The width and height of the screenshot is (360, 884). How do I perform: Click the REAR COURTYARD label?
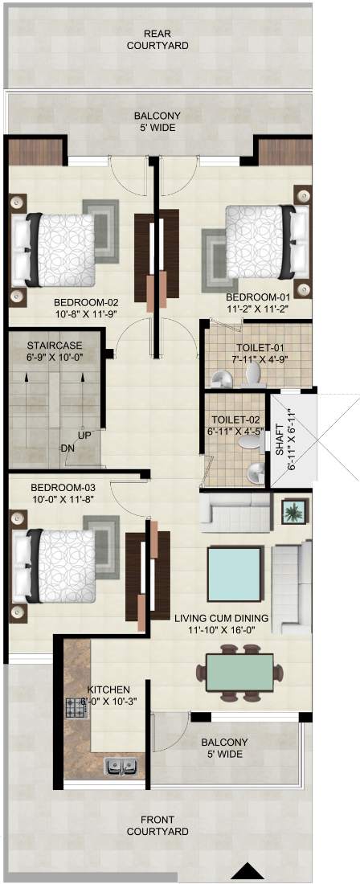(x=157, y=39)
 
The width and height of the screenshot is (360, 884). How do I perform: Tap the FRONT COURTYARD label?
(x=157, y=825)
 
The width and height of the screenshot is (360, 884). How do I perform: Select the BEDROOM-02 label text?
(x=86, y=302)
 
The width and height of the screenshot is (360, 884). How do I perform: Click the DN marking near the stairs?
(x=67, y=448)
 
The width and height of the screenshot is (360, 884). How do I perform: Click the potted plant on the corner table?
(x=295, y=513)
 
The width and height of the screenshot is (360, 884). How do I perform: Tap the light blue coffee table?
(x=235, y=573)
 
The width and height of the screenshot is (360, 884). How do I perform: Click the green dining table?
(x=239, y=672)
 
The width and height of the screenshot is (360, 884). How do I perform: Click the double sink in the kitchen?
(x=121, y=766)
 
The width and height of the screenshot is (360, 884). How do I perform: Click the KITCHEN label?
(x=108, y=690)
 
